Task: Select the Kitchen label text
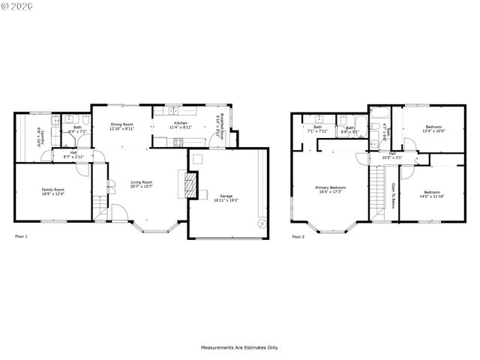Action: (181, 123)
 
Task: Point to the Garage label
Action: (226, 196)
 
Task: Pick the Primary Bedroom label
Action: (330, 187)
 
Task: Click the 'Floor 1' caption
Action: (22, 237)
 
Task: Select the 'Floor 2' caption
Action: (298, 237)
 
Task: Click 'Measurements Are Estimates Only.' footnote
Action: (239, 347)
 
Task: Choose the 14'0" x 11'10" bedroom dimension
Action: (433, 196)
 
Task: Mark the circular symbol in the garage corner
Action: (260, 223)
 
